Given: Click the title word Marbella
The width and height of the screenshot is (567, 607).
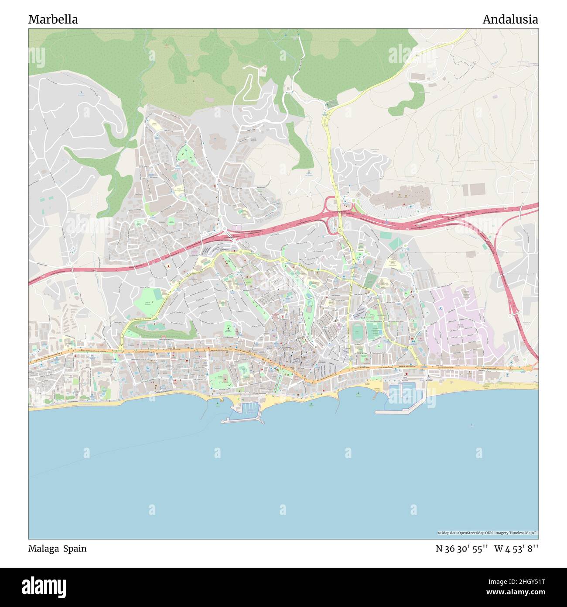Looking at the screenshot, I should [x=53, y=20].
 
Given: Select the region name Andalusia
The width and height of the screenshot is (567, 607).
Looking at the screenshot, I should [x=510, y=20].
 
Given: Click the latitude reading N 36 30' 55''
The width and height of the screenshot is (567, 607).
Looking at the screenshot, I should [x=461, y=549].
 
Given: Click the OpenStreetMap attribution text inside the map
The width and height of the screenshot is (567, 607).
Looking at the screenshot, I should [x=488, y=533].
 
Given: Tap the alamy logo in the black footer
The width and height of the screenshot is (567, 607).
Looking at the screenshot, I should [x=44, y=586].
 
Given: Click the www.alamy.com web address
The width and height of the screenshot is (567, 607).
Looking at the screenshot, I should [x=510, y=592].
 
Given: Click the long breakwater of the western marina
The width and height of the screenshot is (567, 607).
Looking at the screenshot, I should [x=242, y=421].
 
